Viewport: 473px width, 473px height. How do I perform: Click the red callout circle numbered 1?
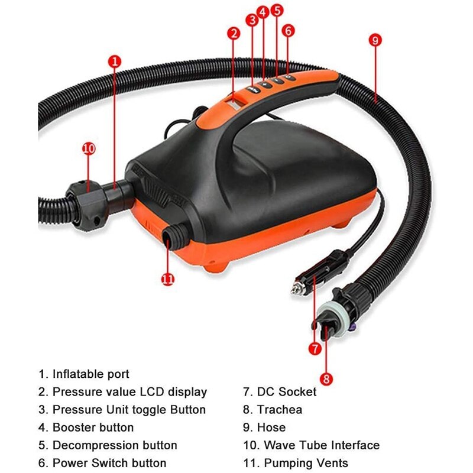coord(115,61)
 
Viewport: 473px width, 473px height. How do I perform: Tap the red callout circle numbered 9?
coord(375,40)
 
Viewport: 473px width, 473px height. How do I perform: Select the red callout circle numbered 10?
coord(89,148)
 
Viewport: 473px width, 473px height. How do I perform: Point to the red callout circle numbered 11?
coord(168,279)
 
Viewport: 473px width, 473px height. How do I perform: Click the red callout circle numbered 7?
coord(315,349)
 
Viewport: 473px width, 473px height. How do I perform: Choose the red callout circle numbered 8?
coord(326,378)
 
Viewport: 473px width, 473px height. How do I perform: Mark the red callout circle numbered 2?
coord(234,34)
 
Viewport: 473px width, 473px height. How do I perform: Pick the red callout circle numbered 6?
coord(288,31)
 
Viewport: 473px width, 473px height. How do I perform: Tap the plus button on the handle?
coord(265,85)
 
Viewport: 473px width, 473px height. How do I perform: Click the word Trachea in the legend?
coord(279,410)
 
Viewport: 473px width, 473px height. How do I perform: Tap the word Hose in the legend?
coord(271,427)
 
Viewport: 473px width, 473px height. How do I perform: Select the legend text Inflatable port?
coord(91,374)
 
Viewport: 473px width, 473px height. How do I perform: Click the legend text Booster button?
coord(93,427)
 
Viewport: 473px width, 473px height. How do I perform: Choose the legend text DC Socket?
coord(287,392)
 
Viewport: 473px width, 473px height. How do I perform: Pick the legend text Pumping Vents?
coord(306,463)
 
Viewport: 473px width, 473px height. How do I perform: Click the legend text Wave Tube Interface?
coord(322,445)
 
